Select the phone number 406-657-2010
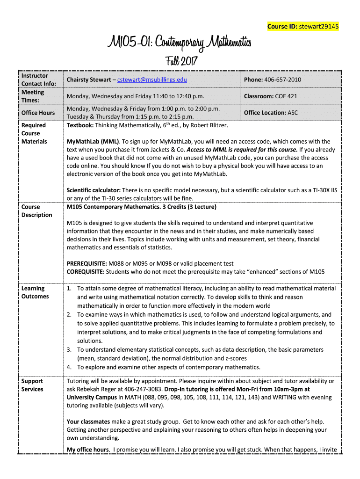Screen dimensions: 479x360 pyautogui.click(x=282, y=80)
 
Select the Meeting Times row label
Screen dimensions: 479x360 pyautogui.click(x=33, y=96)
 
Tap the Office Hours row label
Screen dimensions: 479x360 pyautogui.click(x=38, y=113)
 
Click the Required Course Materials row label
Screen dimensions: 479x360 pyautogui.click(x=34, y=133)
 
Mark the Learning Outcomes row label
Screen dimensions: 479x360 pyautogui.click(x=35, y=292)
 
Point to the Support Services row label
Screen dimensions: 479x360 pyautogui.click(x=32, y=385)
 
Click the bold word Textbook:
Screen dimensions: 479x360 pyautogui.click(x=80, y=125)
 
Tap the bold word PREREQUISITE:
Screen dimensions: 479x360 pyautogui.click(x=86, y=263)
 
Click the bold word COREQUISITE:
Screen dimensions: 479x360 pyautogui.click(x=86, y=272)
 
